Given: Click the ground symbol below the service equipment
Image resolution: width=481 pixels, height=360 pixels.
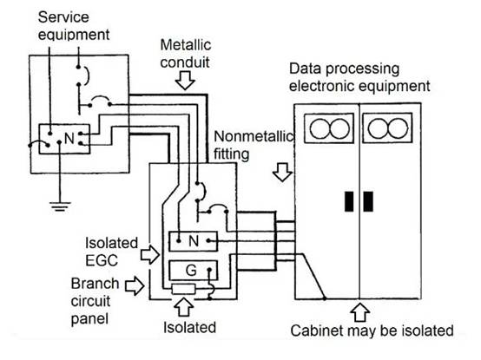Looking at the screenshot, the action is tap(60, 206).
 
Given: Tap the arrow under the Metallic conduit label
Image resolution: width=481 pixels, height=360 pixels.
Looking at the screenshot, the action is tap(185, 81).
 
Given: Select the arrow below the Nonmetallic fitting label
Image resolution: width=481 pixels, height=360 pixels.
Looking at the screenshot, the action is tap(282, 172).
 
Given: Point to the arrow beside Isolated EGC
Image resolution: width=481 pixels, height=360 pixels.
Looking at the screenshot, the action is tap(150, 254).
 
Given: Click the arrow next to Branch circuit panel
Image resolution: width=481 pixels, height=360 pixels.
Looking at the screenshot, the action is tap(135, 285).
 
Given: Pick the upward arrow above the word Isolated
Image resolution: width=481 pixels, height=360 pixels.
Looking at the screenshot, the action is tap(183, 307).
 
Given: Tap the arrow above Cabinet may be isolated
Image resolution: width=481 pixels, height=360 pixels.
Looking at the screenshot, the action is tap(359, 312).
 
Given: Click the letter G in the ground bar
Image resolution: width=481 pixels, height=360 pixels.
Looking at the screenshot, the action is tap(191, 271).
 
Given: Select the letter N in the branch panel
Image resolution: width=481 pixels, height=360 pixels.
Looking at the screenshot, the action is tap(194, 241).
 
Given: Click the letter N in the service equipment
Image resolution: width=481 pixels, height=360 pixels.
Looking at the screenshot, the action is tap(69, 139).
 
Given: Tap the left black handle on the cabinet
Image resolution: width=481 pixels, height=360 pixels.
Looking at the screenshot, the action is tap(349, 201).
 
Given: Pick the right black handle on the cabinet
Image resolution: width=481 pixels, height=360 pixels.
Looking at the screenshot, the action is tap(368, 201).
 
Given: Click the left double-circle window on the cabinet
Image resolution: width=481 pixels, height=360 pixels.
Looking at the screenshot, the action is tap(329, 128).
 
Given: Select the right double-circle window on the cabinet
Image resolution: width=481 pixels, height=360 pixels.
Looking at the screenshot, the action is tap(387, 128).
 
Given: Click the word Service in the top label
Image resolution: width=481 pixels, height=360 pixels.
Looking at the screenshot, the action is tap(63, 16).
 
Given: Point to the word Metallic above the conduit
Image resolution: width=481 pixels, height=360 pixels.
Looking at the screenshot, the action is tap(186, 45).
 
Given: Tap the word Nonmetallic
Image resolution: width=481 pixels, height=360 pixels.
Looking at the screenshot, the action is tap(254, 136).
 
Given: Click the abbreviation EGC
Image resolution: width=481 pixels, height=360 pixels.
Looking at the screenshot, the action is tap(102, 260).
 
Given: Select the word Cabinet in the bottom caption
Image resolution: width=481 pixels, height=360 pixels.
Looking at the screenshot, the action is tap(313, 331).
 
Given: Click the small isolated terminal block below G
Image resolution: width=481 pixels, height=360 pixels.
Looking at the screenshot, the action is tap(183, 289).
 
